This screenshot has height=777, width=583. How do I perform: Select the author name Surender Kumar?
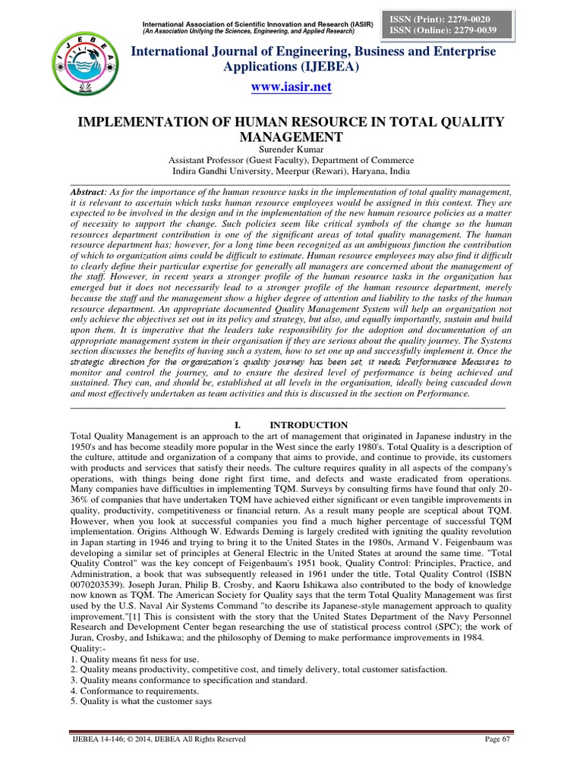click(291, 149)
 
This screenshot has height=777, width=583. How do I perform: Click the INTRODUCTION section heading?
click(309, 425)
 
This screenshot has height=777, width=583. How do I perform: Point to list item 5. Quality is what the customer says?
click(140, 702)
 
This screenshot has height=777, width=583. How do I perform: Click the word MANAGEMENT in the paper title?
click(291, 137)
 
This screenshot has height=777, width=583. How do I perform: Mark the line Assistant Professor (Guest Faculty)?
click(291, 160)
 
